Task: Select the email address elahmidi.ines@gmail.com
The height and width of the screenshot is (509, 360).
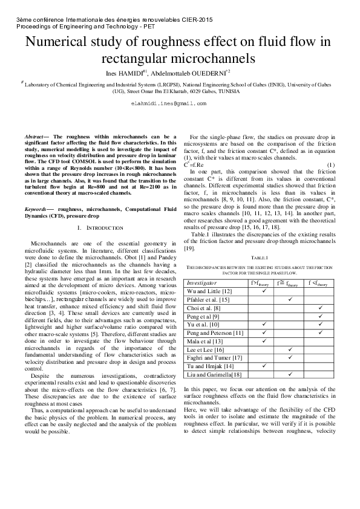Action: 180,104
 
